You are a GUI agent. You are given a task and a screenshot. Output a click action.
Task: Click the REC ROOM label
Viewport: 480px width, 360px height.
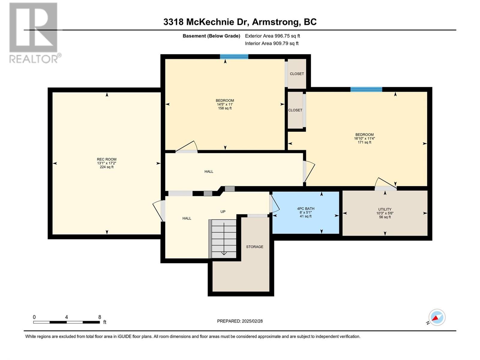pos(107,159)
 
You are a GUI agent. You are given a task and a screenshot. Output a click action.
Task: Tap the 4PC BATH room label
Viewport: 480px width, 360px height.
pos(306,209)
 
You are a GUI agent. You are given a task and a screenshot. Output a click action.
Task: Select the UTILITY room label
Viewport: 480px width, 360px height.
pos(385,209)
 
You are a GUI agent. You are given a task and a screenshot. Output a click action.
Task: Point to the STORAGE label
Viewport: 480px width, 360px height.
pos(254,247)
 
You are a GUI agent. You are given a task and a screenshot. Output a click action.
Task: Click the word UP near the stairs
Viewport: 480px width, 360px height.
pos(223,211)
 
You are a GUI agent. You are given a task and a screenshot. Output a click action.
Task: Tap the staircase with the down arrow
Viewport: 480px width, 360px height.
pos(222,239)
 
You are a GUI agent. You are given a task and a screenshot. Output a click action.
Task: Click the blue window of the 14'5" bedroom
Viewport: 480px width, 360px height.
pos(234,57)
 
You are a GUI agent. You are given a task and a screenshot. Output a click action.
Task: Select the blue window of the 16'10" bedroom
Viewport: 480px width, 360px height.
pos(366,89)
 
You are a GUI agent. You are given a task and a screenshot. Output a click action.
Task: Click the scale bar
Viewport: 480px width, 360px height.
pos(67,322)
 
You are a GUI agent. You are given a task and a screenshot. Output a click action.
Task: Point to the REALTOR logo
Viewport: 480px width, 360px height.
pos(34,33)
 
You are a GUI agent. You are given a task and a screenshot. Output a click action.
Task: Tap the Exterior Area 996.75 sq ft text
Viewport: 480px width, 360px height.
pos(272,36)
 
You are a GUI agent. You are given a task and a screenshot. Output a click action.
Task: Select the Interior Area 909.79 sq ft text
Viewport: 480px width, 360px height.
pos(271,43)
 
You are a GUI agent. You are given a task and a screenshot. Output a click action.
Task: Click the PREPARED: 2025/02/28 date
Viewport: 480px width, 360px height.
pos(240,321)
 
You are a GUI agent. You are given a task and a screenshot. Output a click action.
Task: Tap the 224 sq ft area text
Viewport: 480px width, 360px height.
pos(107,167)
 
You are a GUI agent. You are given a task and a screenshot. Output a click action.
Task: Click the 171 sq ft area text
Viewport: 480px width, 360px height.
pos(364,142)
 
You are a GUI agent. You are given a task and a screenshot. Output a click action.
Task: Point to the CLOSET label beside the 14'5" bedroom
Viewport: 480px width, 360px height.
pos(297,74)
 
